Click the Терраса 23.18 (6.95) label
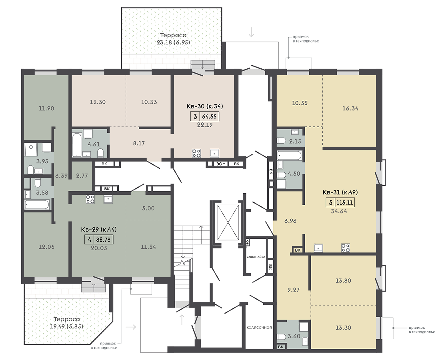[173, 39]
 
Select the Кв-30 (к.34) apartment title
[205, 106]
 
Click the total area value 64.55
[209, 116]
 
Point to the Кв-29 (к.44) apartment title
[99, 230]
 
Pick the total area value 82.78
[103, 240]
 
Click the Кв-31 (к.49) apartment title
[340, 192]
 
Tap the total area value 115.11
[344, 203]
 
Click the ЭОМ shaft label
[221, 164]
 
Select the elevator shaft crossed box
[228, 222]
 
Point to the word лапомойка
[256, 257]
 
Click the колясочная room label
[260, 327]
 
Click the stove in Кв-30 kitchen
[196, 153]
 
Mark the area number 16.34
[350, 108]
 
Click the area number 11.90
[46, 108]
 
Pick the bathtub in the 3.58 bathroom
[37, 204]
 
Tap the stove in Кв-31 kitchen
[346, 248]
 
